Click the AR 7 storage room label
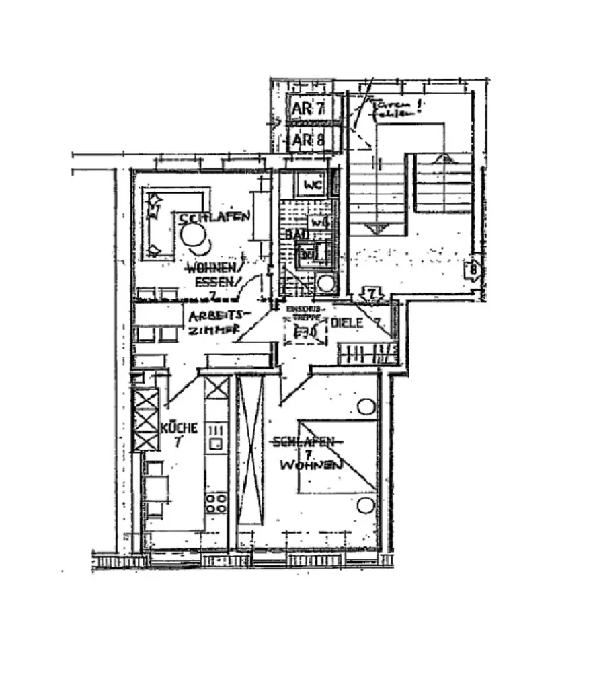[x=309, y=109]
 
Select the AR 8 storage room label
[x=309, y=140]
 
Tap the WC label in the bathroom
[x=313, y=184]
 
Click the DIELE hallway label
[x=347, y=323]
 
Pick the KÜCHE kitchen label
[x=180, y=427]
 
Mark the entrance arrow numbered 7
[x=374, y=293]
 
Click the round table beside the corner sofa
[x=193, y=235]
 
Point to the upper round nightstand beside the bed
[x=366, y=406]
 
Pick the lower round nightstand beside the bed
[x=366, y=505]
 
